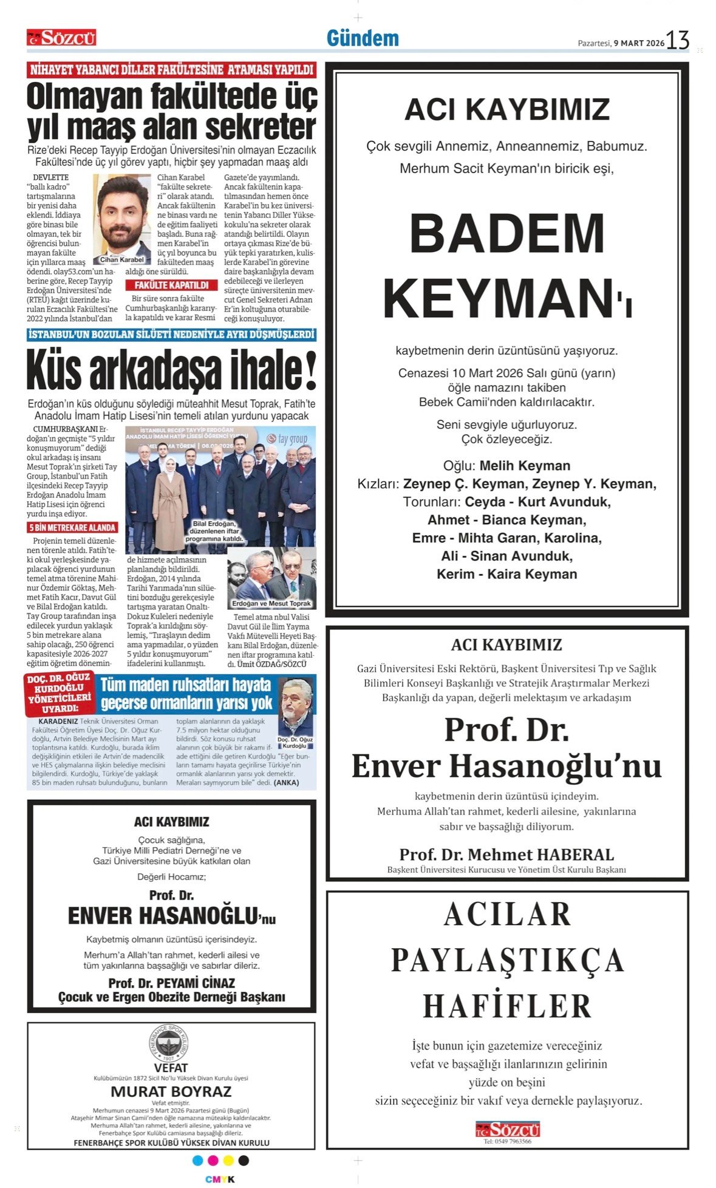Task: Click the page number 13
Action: click(677, 41)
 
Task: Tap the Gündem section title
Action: click(363, 38)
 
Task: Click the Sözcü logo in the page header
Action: click(61, 38)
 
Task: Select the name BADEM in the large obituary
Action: click(506, 234)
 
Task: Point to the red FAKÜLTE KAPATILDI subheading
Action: click(171, 285)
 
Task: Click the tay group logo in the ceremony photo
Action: click(292, 439)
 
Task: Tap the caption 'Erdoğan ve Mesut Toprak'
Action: click(271, 603)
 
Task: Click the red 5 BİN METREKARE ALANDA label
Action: click(72, 528)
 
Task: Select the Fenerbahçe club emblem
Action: click(171, 1043)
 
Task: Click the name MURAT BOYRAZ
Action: click(171, 1091)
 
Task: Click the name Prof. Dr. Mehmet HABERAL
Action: click(506, 855)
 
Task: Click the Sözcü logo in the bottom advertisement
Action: click(507, 1129)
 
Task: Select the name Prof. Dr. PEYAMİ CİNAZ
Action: click(171, 983)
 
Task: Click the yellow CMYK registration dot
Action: click(228, 1161)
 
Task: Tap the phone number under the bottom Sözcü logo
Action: click(507, 1142)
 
